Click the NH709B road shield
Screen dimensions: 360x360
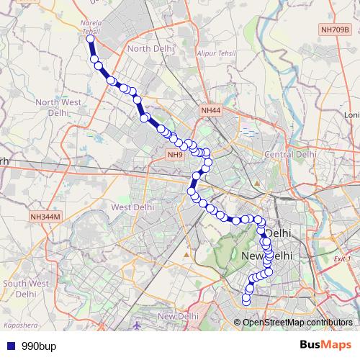336,30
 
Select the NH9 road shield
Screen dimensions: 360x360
176,155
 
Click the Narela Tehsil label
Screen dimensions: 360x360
91,27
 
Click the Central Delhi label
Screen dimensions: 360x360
291,154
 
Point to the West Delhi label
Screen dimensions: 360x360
133,207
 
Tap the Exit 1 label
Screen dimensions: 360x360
343,258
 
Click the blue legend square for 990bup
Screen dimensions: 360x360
9,345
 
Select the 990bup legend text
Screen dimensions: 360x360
38,345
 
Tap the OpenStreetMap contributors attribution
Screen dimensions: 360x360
297,322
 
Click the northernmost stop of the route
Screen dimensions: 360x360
91,40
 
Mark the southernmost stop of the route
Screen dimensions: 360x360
246,300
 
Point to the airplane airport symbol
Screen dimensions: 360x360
138,325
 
